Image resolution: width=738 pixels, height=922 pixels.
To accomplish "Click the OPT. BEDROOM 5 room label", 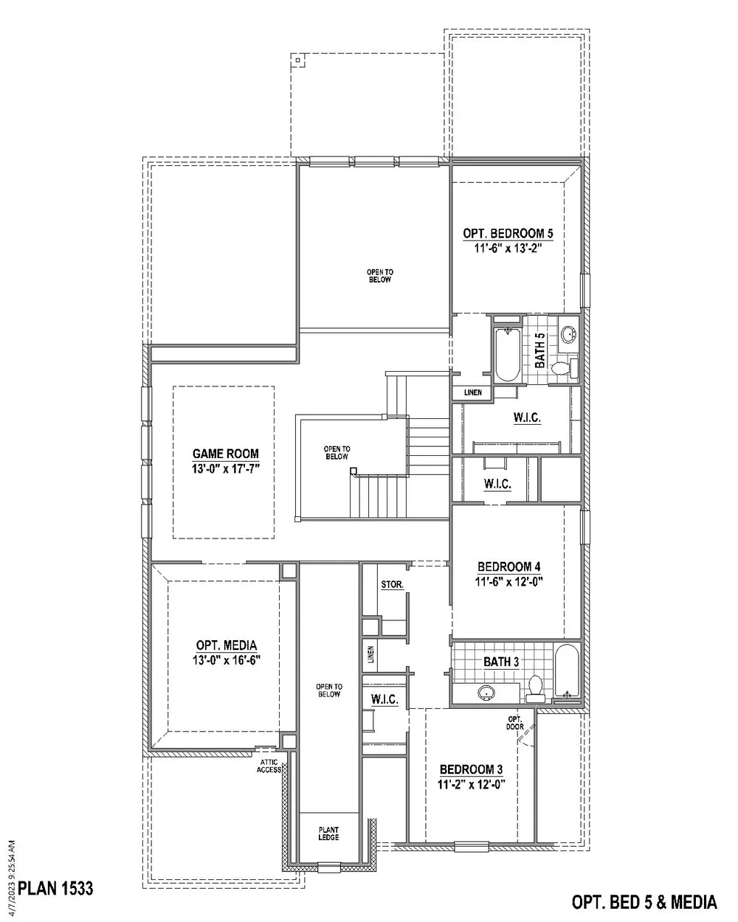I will pos(508,234).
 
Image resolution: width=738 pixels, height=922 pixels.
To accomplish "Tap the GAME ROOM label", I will pos(226,454).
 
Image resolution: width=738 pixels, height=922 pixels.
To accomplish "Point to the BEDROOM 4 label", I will pos(509,566).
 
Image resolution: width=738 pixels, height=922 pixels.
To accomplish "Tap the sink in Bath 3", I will pos(486,692).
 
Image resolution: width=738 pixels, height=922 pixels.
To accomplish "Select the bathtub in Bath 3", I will pos(568,673).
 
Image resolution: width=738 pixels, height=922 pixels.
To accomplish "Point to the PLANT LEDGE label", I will pos(328,833).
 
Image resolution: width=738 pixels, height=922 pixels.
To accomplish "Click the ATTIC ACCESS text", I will pos(269,766).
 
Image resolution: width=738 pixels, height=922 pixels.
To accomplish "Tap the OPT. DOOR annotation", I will pos(515,723).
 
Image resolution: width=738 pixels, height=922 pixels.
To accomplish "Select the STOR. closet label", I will pos(392,585).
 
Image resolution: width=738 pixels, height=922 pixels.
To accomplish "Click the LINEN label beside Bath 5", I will pos(473,392).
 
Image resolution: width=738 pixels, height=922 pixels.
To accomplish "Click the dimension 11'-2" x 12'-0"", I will pos(471,784).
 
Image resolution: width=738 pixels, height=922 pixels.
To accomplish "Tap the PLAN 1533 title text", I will pos(55,887).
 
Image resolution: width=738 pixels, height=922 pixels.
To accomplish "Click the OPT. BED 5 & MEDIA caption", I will pos(644,901).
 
